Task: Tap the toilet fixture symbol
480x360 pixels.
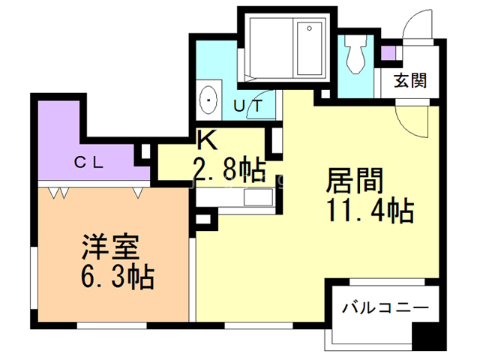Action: (355, 52)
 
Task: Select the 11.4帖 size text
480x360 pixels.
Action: (370, 212)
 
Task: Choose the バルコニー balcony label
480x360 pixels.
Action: (385, 307)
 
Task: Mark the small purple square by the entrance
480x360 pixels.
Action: (388, 54)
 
